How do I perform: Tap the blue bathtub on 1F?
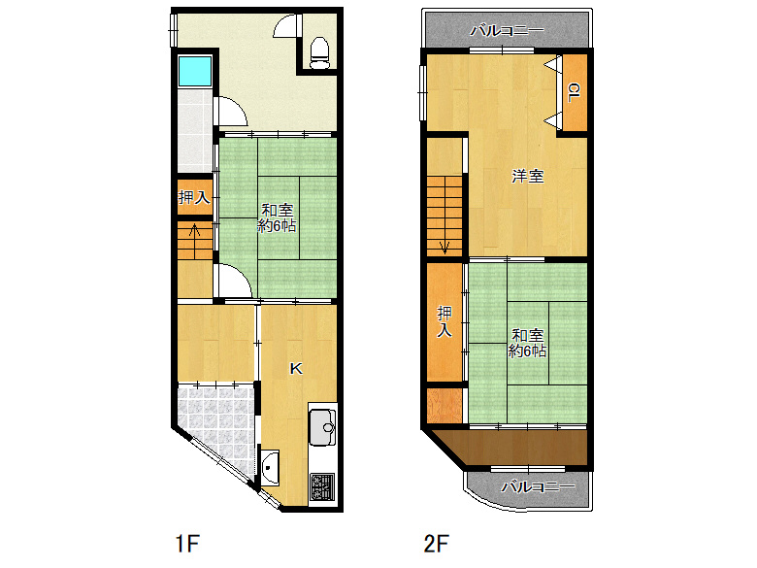pyautogui.click(x=193, y=71)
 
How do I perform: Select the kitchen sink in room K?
pyautogui.click(x=321, y=424)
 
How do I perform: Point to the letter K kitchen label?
pyautogui.click(x=297, y=368)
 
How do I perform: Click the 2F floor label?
pyautogui.click(x=435, y=542)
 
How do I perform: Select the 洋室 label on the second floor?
pyautogui.click(x=528, y=177)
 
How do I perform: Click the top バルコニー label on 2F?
pyautogui.click(x=506, y=31)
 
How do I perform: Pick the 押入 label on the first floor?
pyautogui.click(x=193, y=198)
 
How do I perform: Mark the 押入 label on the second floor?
pyautogui.click(x=444, y=321)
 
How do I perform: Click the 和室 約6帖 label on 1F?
pyautogui.click(x=278, y=217)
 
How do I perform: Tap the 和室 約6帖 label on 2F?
pyautogui.click(x=528, y=342)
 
